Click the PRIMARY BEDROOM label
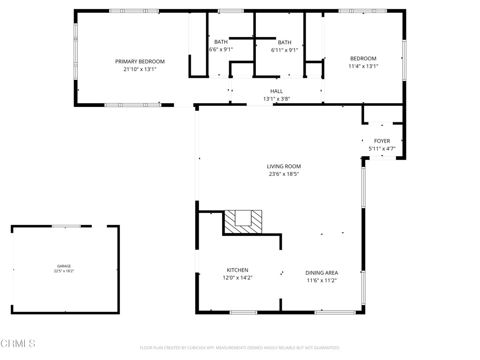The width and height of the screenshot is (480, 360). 140,61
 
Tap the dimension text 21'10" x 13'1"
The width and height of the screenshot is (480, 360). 140,69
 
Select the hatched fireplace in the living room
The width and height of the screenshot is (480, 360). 243,221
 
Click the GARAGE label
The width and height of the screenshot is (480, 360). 64,266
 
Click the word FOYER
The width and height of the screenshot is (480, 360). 382,141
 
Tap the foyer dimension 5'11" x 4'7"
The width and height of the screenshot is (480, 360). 382,149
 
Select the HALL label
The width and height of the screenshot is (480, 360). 276,91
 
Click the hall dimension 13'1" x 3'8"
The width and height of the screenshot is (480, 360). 276,99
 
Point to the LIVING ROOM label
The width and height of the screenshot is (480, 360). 284,166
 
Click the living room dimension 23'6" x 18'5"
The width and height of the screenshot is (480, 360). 284,174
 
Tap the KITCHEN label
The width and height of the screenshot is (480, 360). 237,270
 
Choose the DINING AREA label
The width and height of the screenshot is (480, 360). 322,273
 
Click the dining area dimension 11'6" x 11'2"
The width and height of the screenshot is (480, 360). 322,280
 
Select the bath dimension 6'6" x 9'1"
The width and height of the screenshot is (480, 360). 221,49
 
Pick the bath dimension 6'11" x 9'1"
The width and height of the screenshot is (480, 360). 284,50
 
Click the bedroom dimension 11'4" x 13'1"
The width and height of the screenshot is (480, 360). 363,67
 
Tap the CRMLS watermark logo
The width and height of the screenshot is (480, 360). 18,344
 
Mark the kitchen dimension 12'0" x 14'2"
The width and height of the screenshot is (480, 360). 237,277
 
